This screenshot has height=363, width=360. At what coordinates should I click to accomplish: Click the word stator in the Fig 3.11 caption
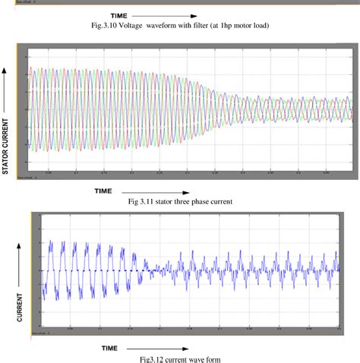(x=172, y=202)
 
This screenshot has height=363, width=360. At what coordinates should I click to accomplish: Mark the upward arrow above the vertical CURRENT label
(x=18, y=259)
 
